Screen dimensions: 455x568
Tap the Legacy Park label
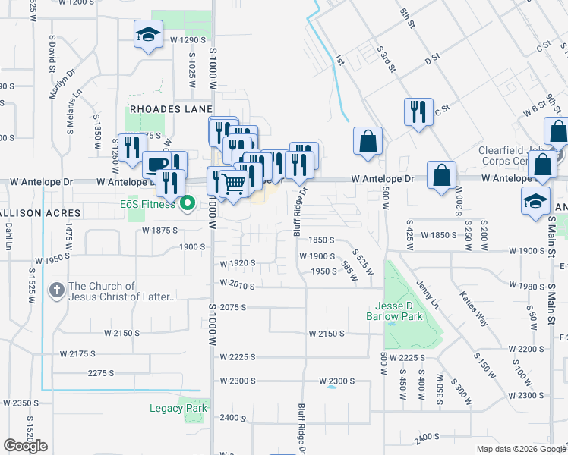click(178, 408)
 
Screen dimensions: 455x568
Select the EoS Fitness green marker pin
click(190, 203)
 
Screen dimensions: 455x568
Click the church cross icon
click(56, 290)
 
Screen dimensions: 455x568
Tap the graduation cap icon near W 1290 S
click(148, 33)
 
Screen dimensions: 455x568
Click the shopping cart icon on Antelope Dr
click(234, 182)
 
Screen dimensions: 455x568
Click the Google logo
click(25, 446)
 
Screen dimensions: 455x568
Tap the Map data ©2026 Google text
click(520, 449)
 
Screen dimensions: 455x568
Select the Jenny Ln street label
click(427, 295)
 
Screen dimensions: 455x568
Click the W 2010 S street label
click(238, 283)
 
